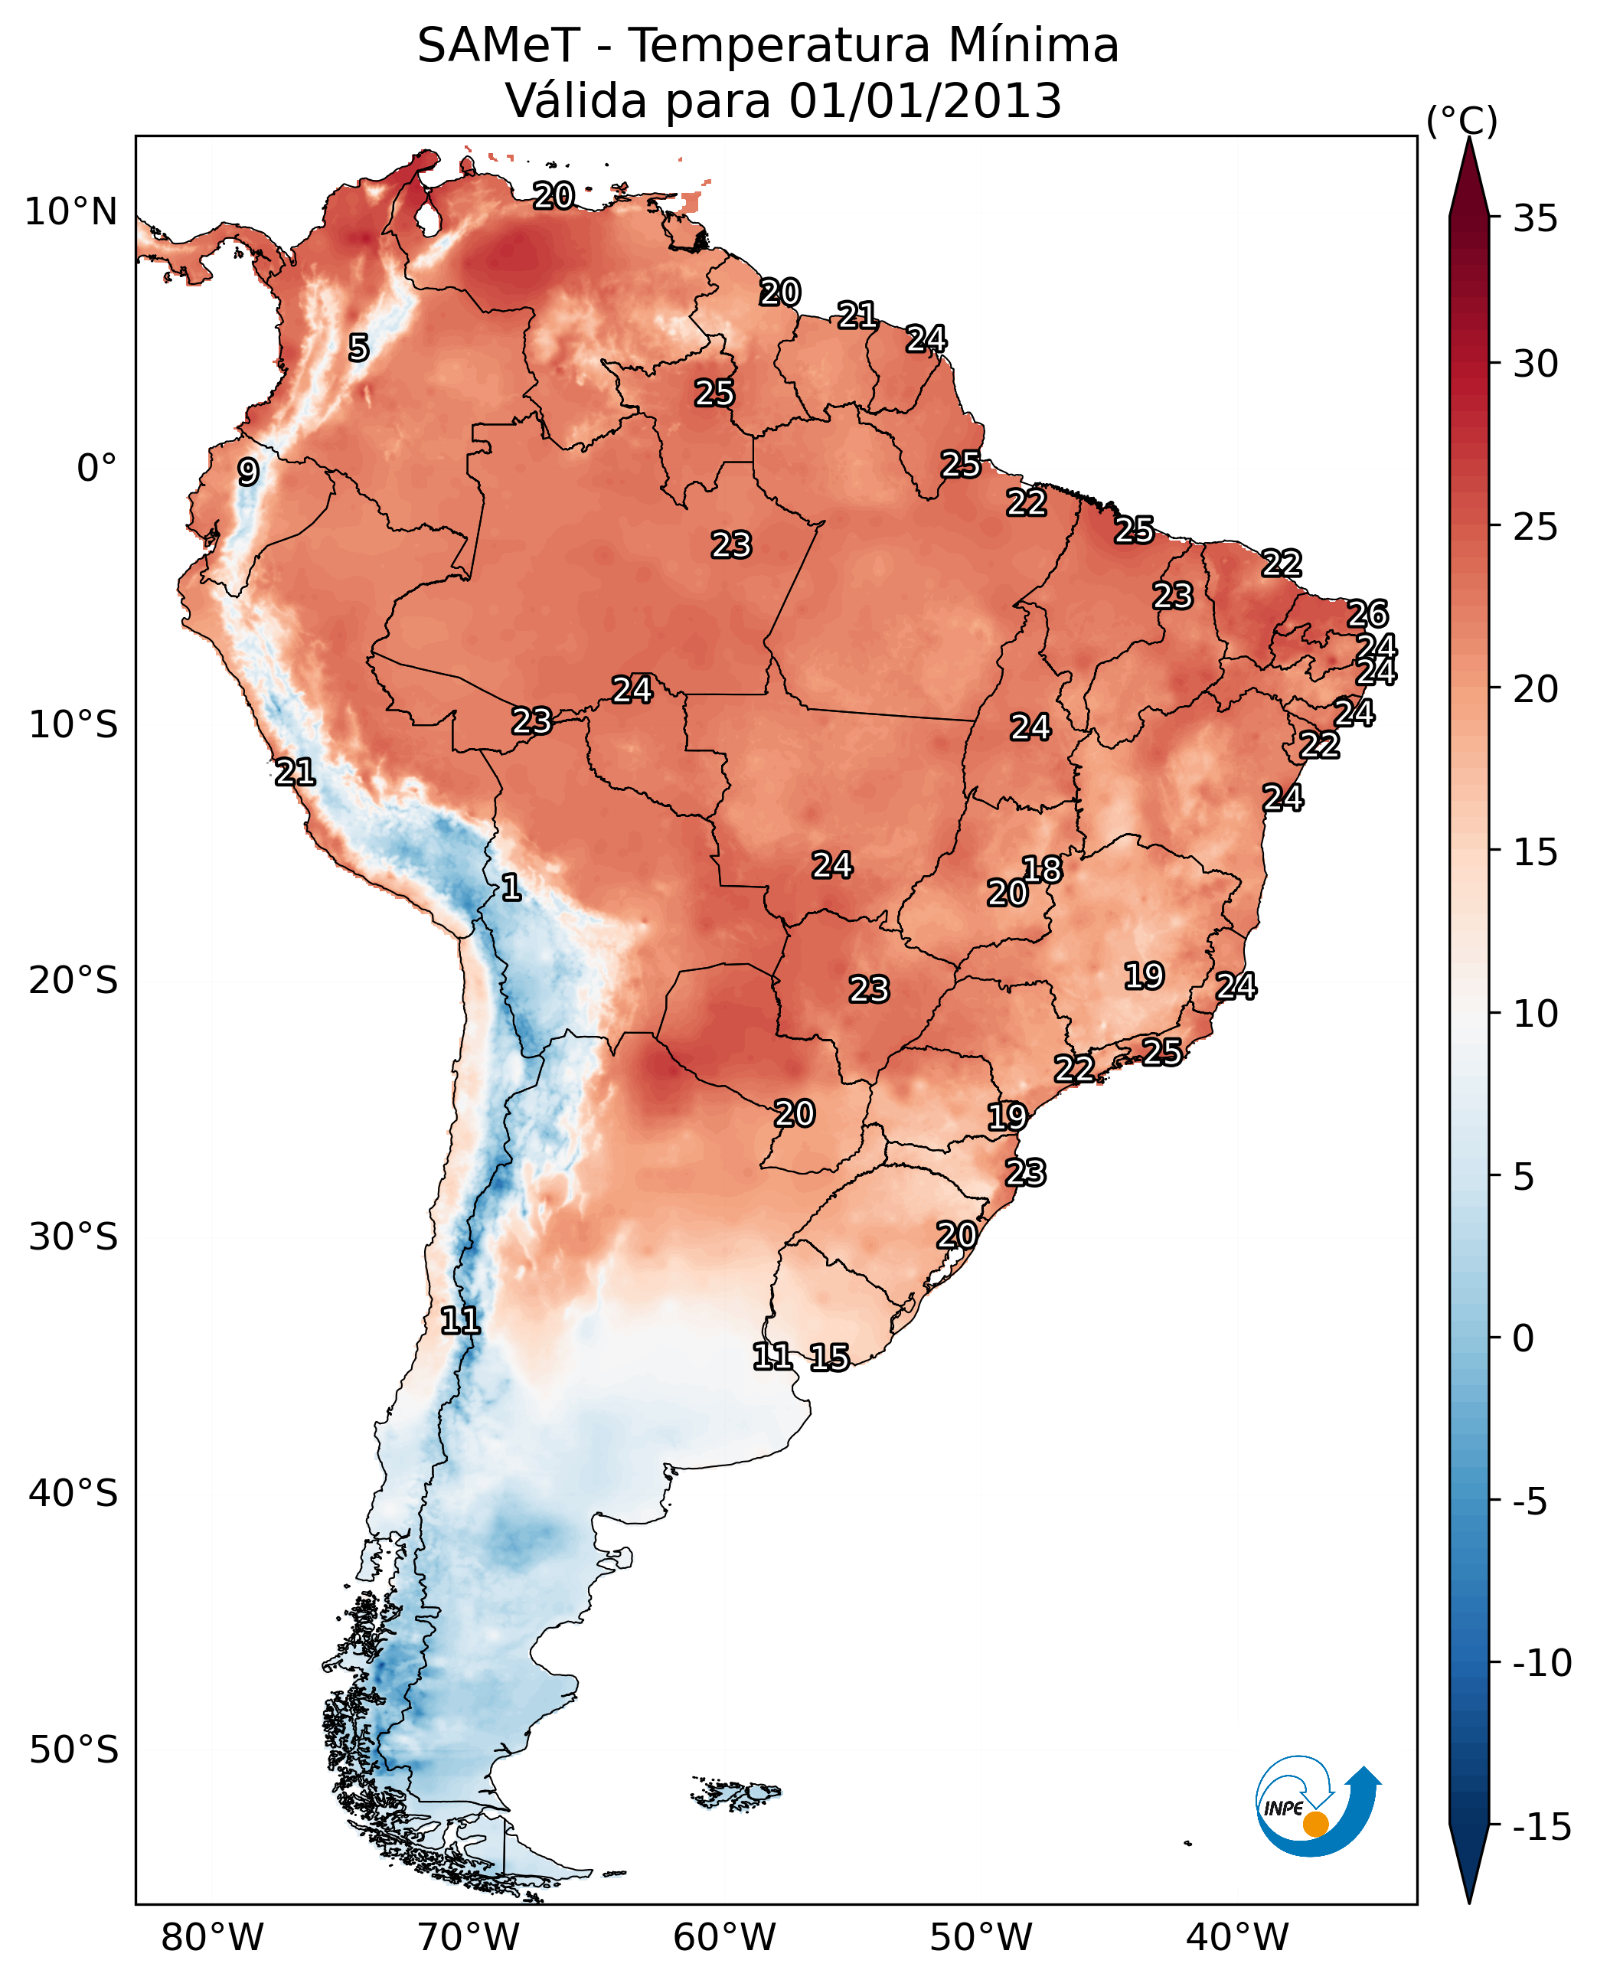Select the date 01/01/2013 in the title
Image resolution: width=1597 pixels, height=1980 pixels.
925,101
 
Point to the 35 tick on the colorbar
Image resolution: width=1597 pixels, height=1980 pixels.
1535,219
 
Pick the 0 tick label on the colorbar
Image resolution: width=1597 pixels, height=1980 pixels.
1524,1338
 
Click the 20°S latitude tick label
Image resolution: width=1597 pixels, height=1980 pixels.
73,981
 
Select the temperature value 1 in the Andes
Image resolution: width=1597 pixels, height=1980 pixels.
511,888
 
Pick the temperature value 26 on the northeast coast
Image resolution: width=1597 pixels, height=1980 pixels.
1368,614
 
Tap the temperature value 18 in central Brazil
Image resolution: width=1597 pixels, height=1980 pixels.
1042,870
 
